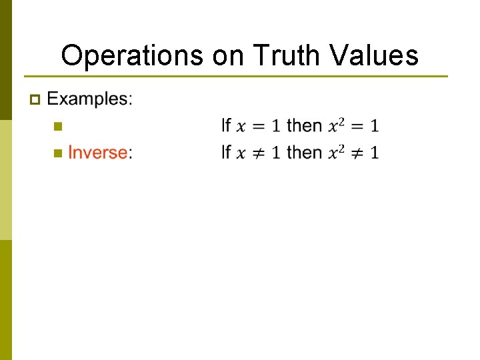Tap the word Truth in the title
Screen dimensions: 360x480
(x=285, y=55)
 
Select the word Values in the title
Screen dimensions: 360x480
(x=377, y=55)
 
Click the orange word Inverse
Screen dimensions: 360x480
(x=97, y=153)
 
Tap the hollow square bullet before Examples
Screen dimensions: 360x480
(x=35, y=100)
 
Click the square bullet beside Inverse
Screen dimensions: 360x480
(x=57, y=153)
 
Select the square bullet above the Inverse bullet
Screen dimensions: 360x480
(x=57, y=126)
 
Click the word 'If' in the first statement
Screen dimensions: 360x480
(x=226, y=125)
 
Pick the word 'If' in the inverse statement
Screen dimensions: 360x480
(x=226, y=153)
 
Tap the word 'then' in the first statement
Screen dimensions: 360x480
(x=304, y=125)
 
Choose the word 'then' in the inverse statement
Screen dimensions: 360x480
(x=304, y=153)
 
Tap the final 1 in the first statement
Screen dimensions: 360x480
(x=375, y=126)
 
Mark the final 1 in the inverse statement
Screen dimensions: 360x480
(x=375, y=153)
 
